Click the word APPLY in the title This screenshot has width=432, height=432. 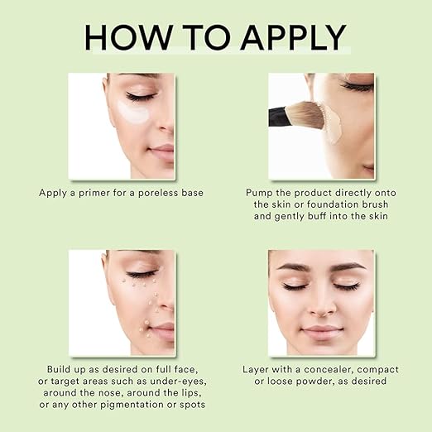click(294, 38)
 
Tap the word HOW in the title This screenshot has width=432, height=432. click(129, 38)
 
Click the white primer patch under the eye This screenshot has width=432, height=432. click(133, 113)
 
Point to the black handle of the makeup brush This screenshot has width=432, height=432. click(278, 117)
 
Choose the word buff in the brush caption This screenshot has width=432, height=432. click(317, 216)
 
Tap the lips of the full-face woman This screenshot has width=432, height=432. click(322, 330)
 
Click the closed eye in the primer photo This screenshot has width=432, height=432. click(142, 97)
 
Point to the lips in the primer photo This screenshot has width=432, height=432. click(162, 151)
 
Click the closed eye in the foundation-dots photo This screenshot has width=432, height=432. click(142, 274)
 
